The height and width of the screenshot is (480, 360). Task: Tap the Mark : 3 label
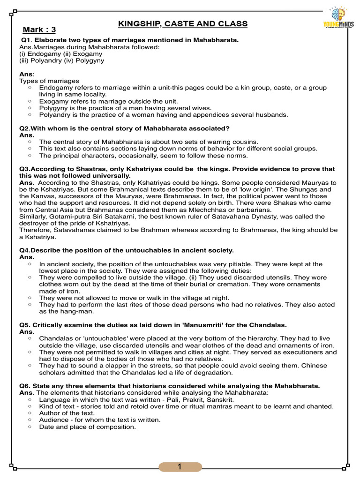(40, 30)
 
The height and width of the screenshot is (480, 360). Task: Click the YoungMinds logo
(338, 18)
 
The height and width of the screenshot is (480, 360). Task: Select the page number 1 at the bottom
(180, 467)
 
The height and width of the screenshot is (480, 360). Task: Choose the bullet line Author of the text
(67, 413)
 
